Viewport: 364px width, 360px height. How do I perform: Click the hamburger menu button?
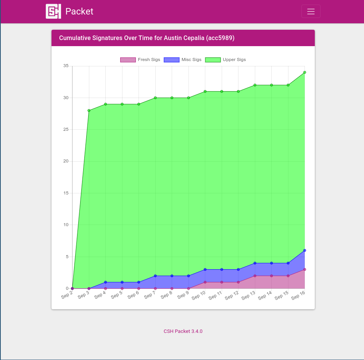[311, 11]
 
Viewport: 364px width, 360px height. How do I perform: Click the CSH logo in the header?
[53, 11]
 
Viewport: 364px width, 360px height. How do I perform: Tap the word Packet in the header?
[79, 11]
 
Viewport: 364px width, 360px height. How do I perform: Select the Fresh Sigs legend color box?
[128, 60]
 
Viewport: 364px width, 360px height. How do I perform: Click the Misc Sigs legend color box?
[171, 60]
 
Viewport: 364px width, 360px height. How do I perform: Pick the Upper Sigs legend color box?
[213, 60]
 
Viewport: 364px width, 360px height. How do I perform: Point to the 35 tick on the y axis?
[66, 66]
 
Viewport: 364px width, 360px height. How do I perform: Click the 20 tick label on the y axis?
[66, 161]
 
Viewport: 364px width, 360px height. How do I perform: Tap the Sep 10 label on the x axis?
[198, 295]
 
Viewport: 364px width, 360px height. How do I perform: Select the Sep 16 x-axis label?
[298, 295]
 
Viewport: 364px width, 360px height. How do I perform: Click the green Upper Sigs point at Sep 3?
[89, 111]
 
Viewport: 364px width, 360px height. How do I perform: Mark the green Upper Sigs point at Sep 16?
[304, 72]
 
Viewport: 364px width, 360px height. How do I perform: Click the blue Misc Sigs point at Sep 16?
[304, 251]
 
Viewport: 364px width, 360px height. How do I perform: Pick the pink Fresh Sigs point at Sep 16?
[304, 270]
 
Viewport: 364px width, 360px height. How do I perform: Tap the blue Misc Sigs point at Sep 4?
[106, 282]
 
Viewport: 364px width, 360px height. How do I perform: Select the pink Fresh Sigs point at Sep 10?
[205, 282]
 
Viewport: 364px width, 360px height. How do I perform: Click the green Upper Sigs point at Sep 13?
[255, 85]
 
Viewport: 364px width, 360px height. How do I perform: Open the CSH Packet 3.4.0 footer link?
[183, 331]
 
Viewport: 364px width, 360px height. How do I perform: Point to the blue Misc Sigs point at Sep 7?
[155, 276]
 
